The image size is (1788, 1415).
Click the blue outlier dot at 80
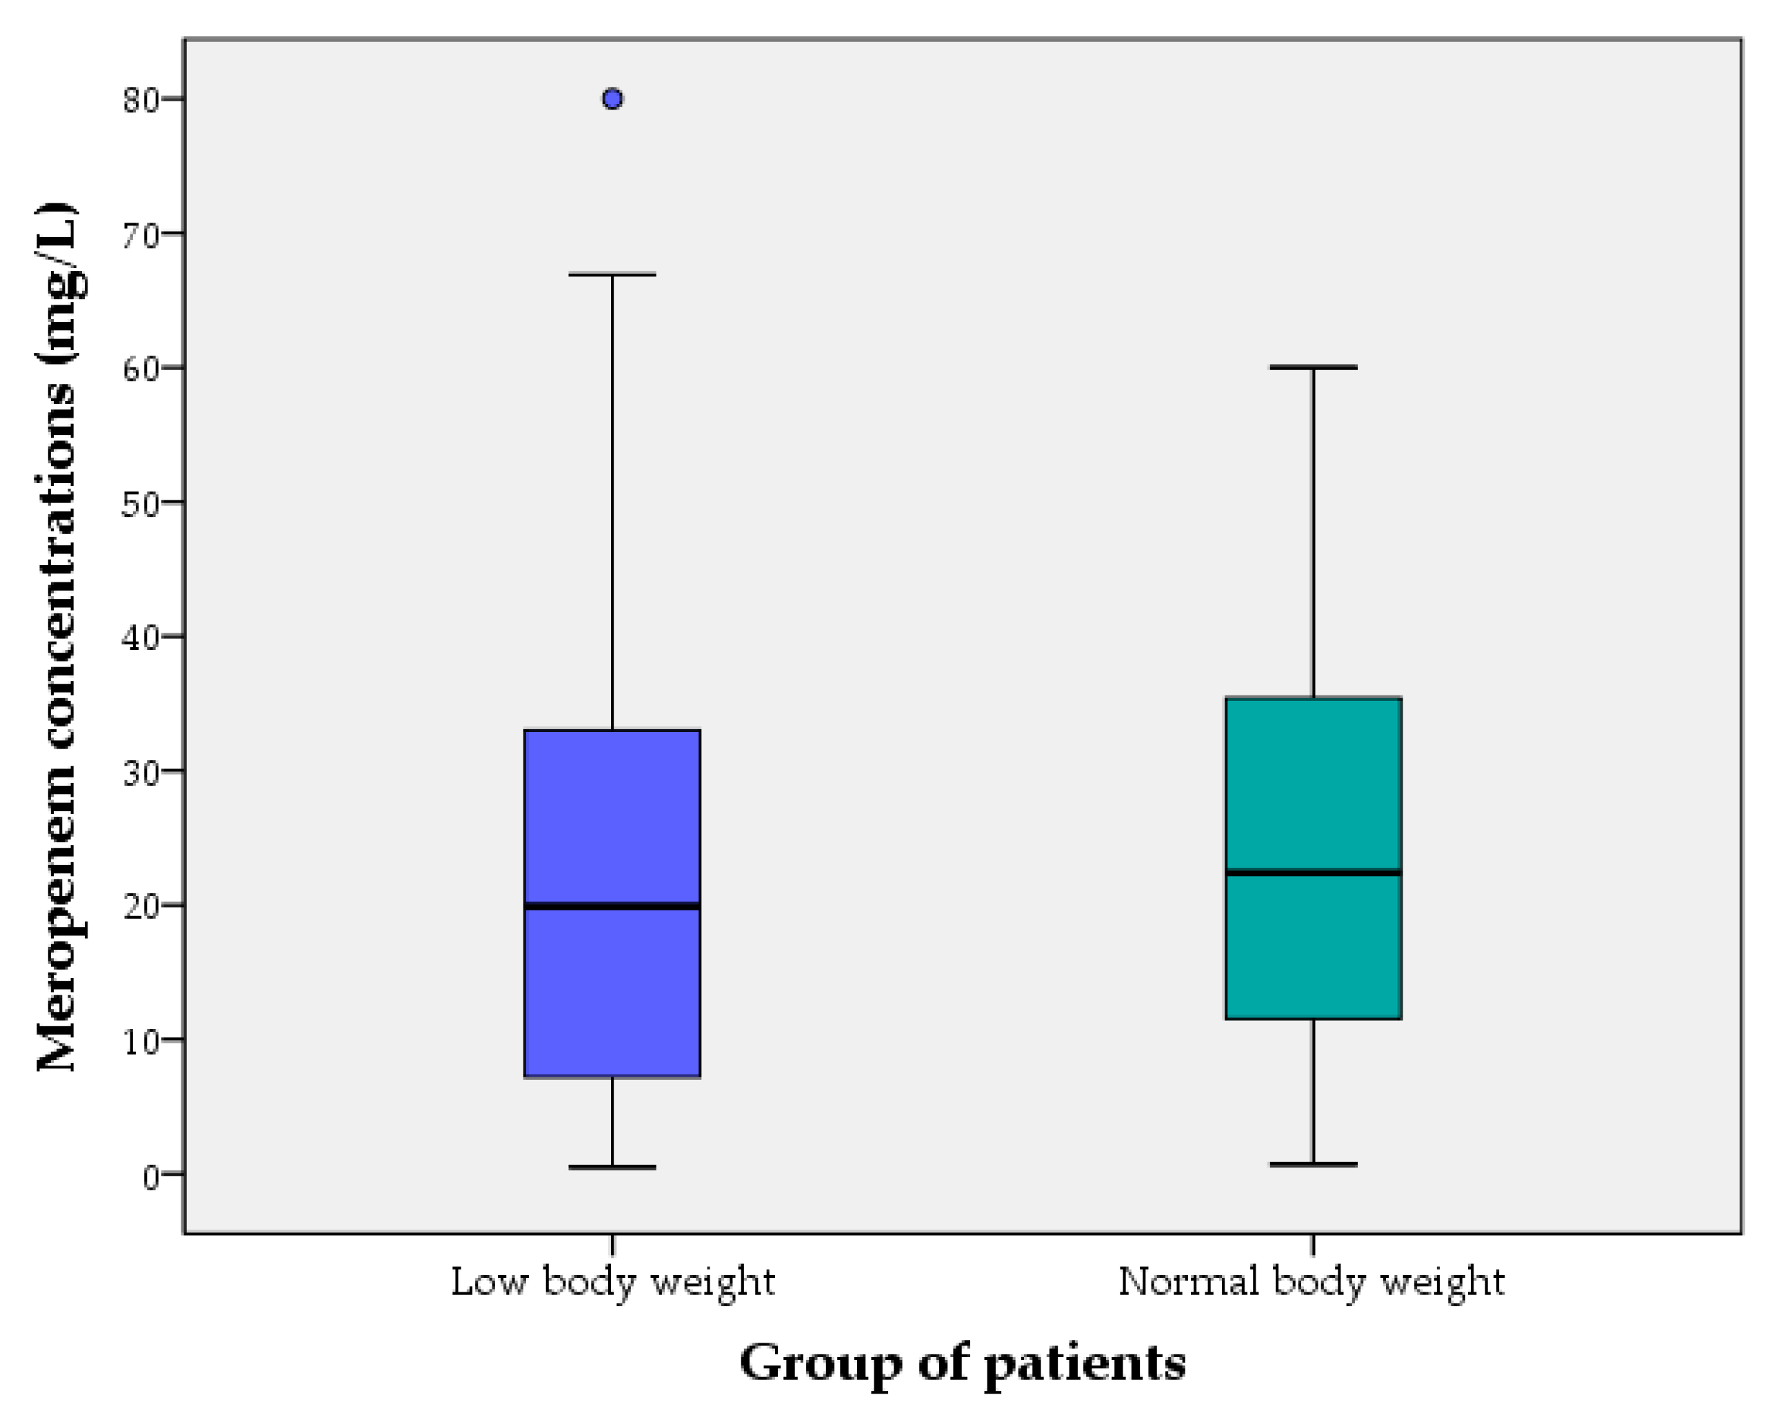point(612,99)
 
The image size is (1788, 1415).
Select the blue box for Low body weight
point(612,828)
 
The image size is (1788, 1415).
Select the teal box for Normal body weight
point(1313,787)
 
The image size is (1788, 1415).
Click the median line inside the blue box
point(612,906)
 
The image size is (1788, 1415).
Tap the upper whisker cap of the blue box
point(612,274)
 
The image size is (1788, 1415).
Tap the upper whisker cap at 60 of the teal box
point(1313,367)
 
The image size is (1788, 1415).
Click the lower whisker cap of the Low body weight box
point(612,1168)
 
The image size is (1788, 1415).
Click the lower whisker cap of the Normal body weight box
point(1313,1165)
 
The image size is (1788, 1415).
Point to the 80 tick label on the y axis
point(140,100)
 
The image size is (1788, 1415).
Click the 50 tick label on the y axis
point(140,504)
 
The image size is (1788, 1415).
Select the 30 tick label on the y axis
point(140,772)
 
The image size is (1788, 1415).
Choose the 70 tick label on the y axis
point(140,235)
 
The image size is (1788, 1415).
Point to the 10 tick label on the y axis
point(140,1041)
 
